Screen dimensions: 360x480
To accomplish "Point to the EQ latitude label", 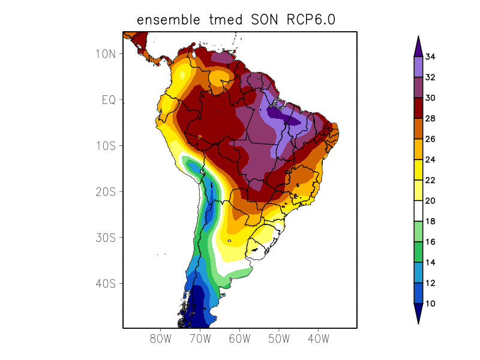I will point(109,100).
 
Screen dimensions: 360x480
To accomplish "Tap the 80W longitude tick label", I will point(161,339).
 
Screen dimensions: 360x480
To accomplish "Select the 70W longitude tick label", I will point(200,339).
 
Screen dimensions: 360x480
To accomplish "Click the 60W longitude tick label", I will point(239,339).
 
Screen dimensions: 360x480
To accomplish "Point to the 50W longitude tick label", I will point(279,339).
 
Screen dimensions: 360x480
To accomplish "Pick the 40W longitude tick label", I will point(318,339).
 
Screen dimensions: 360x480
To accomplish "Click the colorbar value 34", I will point(430,57).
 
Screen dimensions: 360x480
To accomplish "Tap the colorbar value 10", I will point(430,304).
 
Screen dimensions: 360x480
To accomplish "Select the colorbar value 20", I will point(430,201).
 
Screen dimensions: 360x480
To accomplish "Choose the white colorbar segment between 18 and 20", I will point(418,211).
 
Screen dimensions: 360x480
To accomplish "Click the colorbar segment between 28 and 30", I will point(418,108).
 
